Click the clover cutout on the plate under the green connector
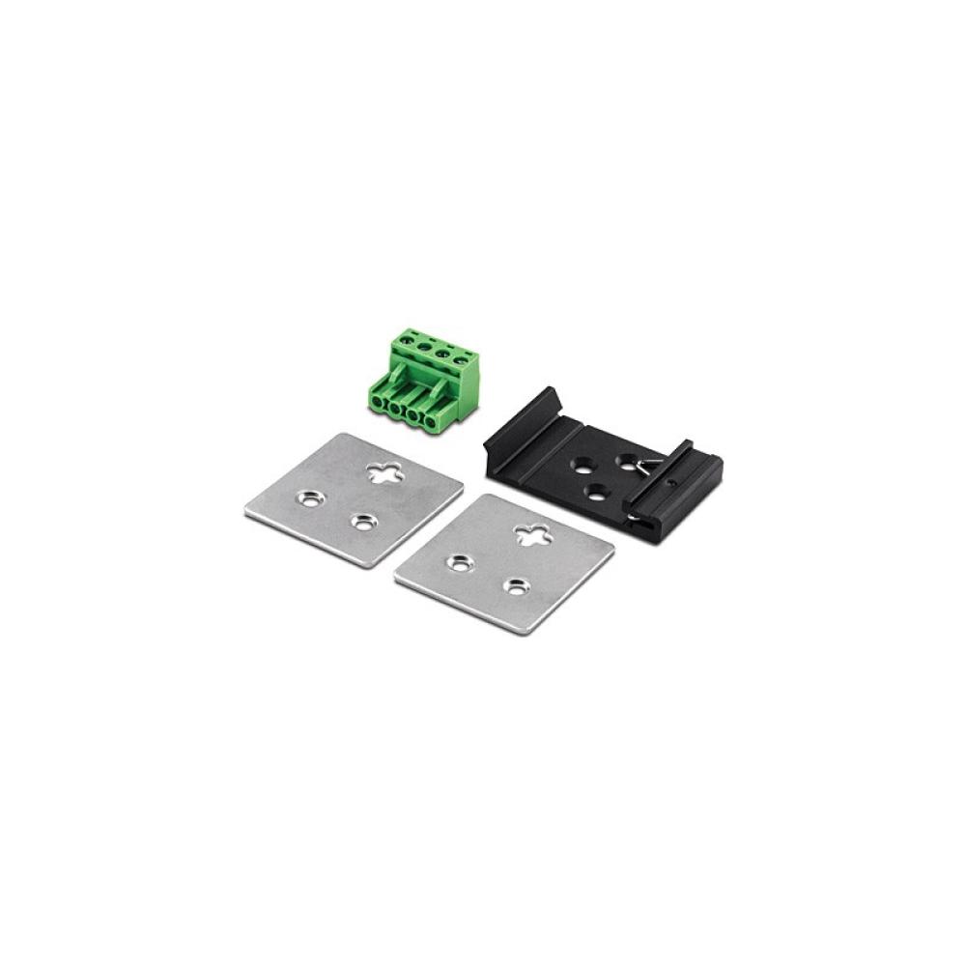pyautogui.click(x=384, y=472)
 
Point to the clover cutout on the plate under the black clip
pyautogui.click(x=532, y=533)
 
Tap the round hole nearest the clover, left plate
pyautogui.click(x=363, y=522)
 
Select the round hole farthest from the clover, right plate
pyautogui.click(x=457, y=561)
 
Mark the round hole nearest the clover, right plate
pyautogui.click(x=517, y=585)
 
